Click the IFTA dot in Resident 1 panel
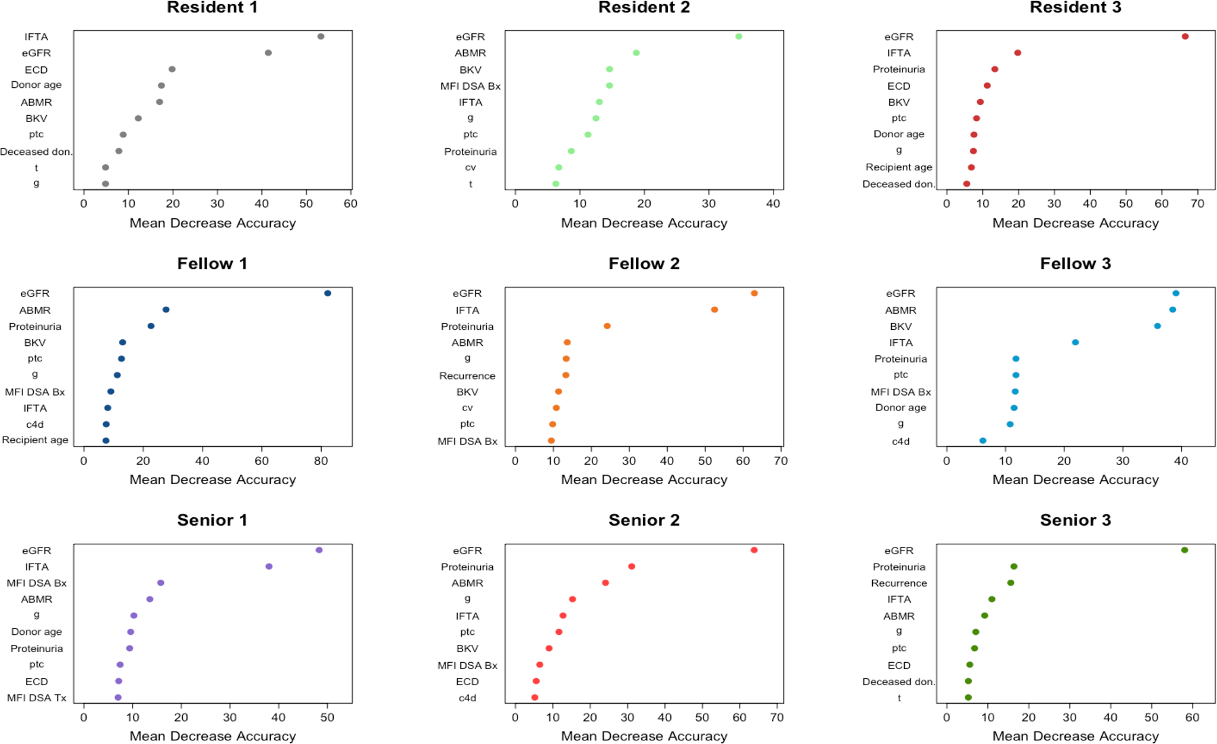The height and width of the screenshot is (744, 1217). (321, 36)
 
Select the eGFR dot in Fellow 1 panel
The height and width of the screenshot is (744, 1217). (328, 293)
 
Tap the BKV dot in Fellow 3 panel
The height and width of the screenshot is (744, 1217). (1157, 326)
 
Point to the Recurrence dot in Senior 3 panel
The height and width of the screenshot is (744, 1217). (1010, 583)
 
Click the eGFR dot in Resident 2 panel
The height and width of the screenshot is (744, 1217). (739, 36)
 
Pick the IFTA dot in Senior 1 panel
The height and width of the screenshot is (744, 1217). (269, 567)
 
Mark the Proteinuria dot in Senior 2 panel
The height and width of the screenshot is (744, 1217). (632, 567)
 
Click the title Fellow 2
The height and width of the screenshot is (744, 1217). (644, 263)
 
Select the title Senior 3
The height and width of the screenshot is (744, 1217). (1075, 520)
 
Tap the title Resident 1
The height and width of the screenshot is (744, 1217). (212, 8)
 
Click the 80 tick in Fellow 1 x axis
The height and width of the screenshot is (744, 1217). (321, 460)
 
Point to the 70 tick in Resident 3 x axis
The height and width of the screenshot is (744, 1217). (1197, 204)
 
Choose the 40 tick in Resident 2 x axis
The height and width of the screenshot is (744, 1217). (773, 204)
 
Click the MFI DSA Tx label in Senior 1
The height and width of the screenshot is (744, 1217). (37, 698)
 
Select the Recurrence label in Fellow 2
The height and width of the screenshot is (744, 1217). (467, 376)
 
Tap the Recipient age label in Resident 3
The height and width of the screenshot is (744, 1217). (899, 167)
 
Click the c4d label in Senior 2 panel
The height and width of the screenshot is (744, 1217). (467, 698)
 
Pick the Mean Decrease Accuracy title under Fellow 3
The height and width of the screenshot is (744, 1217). (1075, 479)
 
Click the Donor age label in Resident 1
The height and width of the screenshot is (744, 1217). (36, 85)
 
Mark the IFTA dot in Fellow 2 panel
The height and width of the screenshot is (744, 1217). (714, 310)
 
